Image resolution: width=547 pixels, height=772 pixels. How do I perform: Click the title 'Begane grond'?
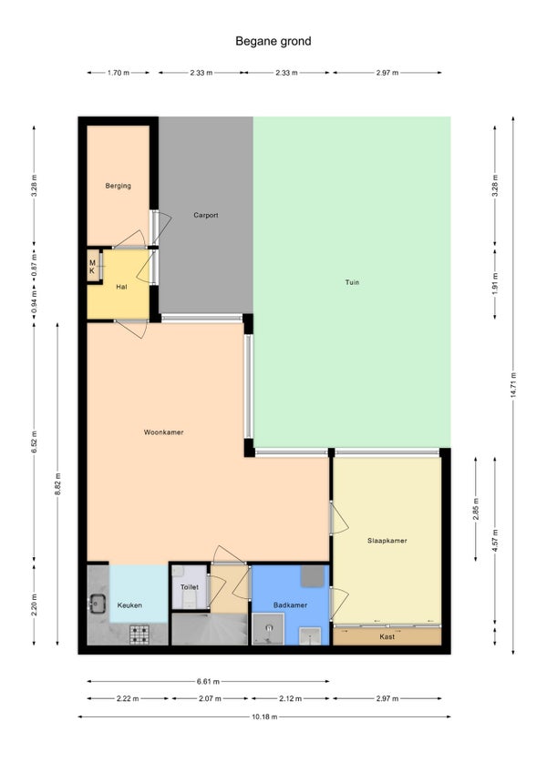(x=273, y=41)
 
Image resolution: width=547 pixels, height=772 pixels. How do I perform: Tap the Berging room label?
(x=119, y=186)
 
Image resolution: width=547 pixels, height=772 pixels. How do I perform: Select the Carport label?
(x=206, y=215)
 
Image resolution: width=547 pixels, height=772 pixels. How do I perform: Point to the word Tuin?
(x=352, y=282)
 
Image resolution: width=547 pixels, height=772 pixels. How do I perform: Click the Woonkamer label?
(x=164, y=432)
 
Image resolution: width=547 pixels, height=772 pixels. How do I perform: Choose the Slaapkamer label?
(x=387, y=541)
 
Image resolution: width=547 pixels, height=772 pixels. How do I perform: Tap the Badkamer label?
(x=291, y=605)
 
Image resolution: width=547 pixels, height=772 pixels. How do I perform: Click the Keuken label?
(x=129, y=605)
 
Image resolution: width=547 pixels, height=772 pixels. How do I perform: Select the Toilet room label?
(x=190, y=587)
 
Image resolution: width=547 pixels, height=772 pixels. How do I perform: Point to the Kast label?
(x=387, y=636)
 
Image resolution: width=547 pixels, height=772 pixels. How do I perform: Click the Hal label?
(x=121, y=287)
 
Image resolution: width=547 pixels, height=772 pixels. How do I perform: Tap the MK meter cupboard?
(x=93, y=267)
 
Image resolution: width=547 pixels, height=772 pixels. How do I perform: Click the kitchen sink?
(x=98, y=603)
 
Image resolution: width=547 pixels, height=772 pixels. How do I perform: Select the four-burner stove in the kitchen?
(x=139, y=635)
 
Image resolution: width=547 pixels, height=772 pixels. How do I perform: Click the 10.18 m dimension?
(x=264, y=716)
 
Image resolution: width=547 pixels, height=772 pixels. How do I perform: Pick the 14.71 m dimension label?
(x=513, y=384)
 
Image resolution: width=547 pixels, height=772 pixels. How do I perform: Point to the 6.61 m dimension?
(x=208, y=681)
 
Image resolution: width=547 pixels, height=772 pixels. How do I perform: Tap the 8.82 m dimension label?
(x=57, y=484)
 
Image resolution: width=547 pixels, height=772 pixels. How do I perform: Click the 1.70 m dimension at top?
(x=119, y=73)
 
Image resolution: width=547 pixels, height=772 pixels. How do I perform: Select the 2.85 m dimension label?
(x=476, y=509)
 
